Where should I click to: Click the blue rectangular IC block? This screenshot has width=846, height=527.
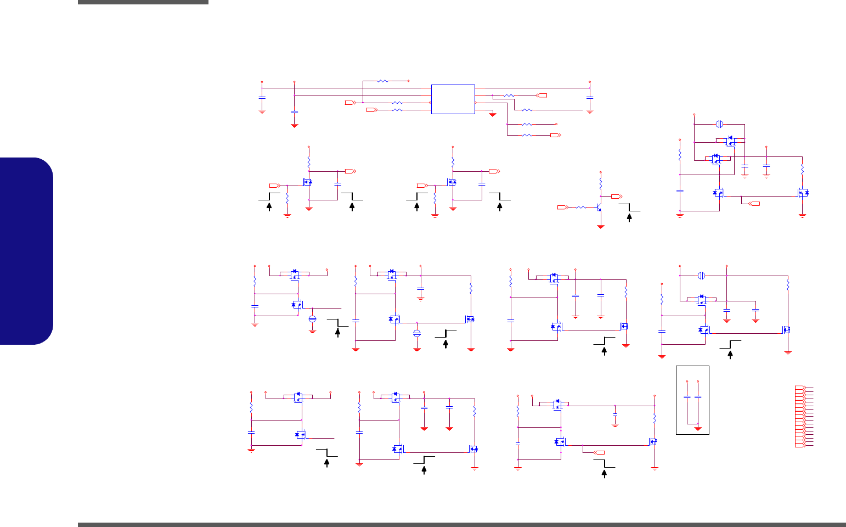[453, 99]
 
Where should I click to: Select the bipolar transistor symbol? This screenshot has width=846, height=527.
[599, 208]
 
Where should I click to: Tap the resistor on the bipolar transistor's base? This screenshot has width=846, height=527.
[580, 207]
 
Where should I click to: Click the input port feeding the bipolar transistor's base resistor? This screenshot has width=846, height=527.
[561, 207]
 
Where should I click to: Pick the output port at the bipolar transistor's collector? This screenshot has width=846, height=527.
[615, 196]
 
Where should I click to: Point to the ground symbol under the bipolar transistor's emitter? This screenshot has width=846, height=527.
[601, 226]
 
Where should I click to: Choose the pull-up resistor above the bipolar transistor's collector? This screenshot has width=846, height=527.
[601, 182]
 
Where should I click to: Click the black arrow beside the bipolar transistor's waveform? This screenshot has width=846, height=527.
[629, 217]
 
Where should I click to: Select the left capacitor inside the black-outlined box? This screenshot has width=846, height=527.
[687, 396]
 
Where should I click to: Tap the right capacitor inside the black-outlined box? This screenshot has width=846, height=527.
[698, 396]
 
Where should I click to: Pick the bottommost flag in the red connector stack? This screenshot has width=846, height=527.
[800, 445]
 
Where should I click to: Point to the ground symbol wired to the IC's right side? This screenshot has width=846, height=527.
[492, 114]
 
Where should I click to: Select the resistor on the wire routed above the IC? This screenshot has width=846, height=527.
[383, 81]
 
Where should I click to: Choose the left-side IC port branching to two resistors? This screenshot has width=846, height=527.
[349, 103]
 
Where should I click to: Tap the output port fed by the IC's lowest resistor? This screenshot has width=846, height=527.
[554, 134]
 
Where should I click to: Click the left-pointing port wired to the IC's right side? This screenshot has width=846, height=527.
[542, 96]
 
